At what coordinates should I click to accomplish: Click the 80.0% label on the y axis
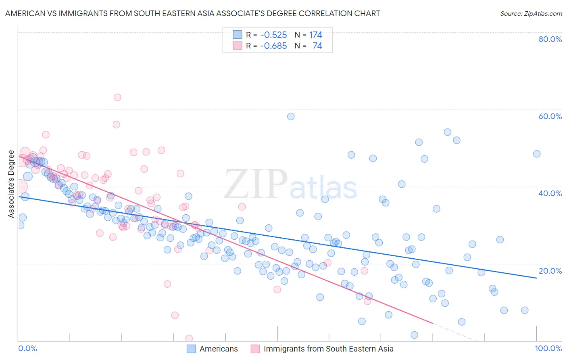550,39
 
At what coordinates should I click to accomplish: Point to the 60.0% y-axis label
550,116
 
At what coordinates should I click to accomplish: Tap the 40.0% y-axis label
550,193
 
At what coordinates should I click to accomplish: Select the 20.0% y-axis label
550,270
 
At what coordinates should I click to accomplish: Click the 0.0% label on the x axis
27,348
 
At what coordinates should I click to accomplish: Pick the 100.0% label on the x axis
548,348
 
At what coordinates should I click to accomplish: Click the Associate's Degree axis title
11,184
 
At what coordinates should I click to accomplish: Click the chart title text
192,14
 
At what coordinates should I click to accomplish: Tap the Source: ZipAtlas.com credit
531,14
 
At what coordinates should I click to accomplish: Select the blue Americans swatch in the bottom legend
191,349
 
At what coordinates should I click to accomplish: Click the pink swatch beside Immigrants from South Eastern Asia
255,349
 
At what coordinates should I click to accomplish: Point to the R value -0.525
273,35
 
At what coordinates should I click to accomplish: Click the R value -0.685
273,46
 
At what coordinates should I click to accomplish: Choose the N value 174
316,35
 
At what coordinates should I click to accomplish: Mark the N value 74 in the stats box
317,46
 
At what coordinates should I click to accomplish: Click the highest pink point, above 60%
117,97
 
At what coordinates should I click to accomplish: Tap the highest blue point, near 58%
291,117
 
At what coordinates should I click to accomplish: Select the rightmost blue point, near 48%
537,154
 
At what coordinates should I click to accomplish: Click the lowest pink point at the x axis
189,338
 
